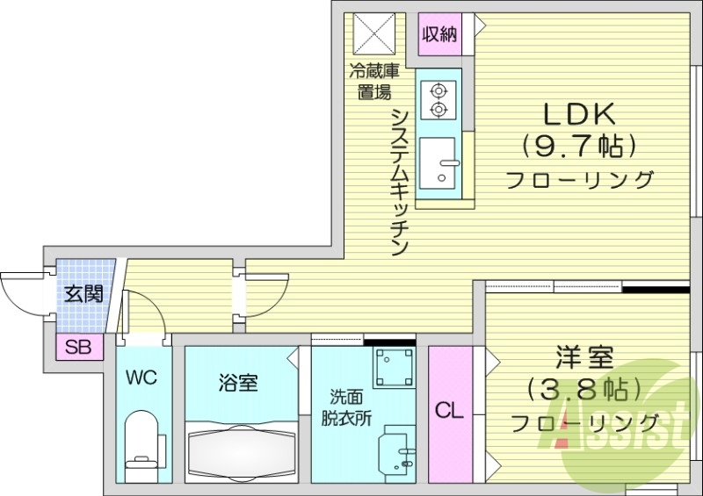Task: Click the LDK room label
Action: [x=580, y=114]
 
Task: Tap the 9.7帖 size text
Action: [x=580, y=144]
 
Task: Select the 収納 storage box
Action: [x=439, y=35]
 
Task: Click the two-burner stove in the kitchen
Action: [x=437, y=99]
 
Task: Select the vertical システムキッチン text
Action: [x=399, y=181]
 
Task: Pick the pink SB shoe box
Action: [x=77, y=347]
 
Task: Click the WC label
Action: [x=141, y=378]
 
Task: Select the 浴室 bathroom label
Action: [x=238, y=383]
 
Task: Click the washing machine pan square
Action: [x=392, y=368]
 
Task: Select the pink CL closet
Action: [x=450, y=410]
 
